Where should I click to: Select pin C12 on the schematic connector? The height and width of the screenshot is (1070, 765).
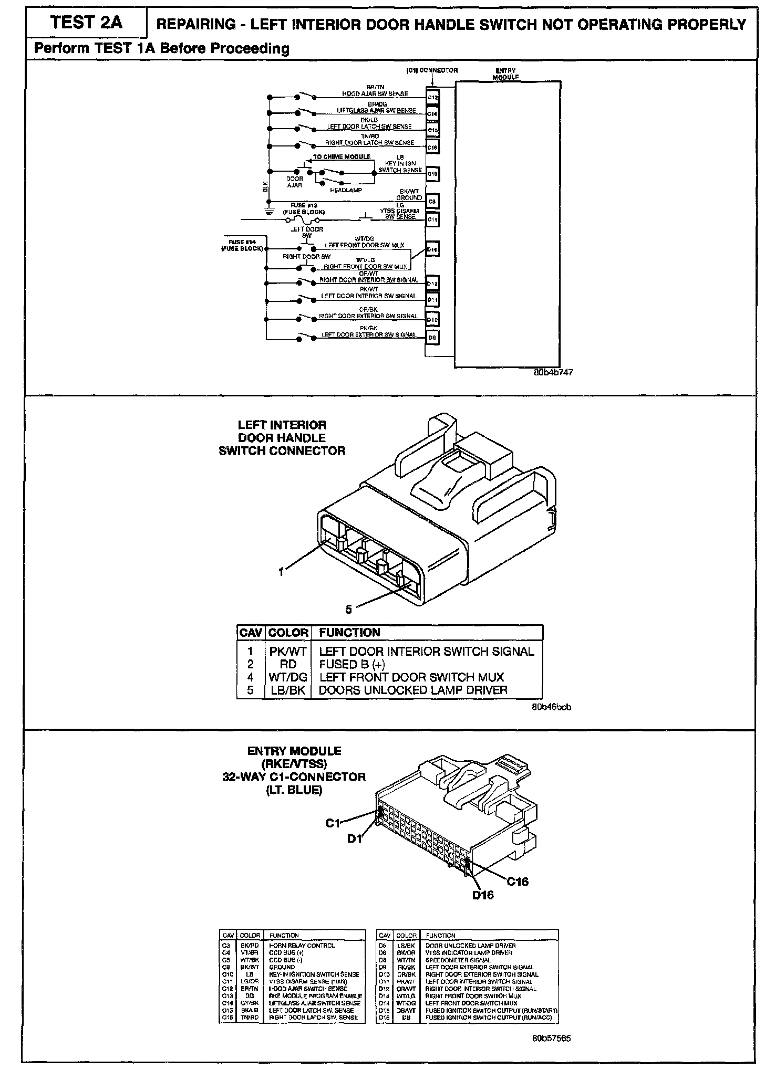(432, 97)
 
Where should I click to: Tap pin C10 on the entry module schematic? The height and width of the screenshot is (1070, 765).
(432, 173)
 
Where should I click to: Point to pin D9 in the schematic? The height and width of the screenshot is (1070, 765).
(432, 338)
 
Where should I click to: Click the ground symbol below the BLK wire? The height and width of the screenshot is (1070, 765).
(268, 211)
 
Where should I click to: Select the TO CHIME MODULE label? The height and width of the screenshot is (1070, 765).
(342, 157)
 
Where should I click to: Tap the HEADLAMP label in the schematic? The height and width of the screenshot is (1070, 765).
(346, 190)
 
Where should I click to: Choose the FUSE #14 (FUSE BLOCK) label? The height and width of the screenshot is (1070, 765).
(242, 245)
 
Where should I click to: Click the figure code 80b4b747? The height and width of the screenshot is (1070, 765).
(553, 372)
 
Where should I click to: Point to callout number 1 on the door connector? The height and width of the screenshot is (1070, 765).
(282, 572)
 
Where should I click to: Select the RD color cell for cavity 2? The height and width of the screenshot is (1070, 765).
(288, 664)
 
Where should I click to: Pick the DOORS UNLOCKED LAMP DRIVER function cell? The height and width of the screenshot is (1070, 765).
(413, 690)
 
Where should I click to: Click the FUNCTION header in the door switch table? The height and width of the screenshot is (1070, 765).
(349, 632)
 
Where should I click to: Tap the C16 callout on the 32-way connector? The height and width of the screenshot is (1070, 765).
(518, 882)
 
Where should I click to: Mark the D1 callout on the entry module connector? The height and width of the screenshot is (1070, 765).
(355, 839)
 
